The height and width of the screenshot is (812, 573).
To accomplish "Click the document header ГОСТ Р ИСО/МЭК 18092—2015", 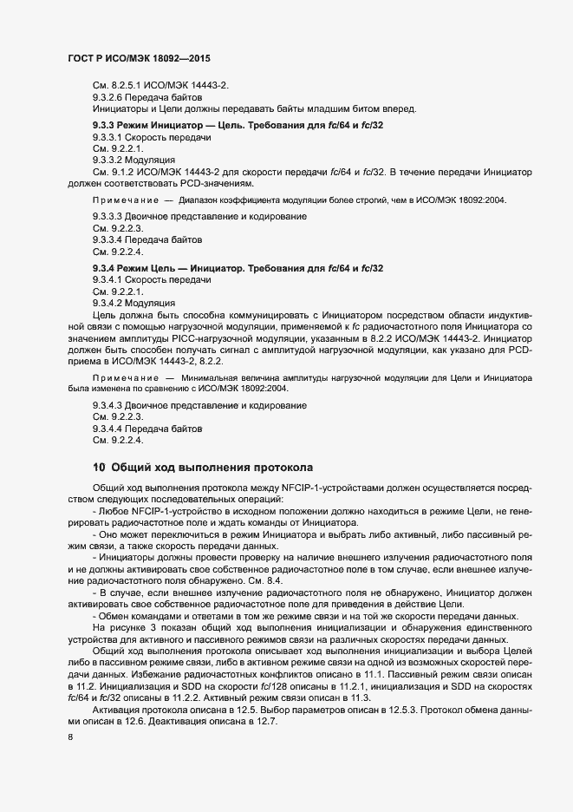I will tap(140, 57).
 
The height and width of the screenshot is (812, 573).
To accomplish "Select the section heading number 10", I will tap(99, 468).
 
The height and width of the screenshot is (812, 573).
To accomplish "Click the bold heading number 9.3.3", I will tap(107, 127).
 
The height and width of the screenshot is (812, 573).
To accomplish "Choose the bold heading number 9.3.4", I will tap(107, 269).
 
